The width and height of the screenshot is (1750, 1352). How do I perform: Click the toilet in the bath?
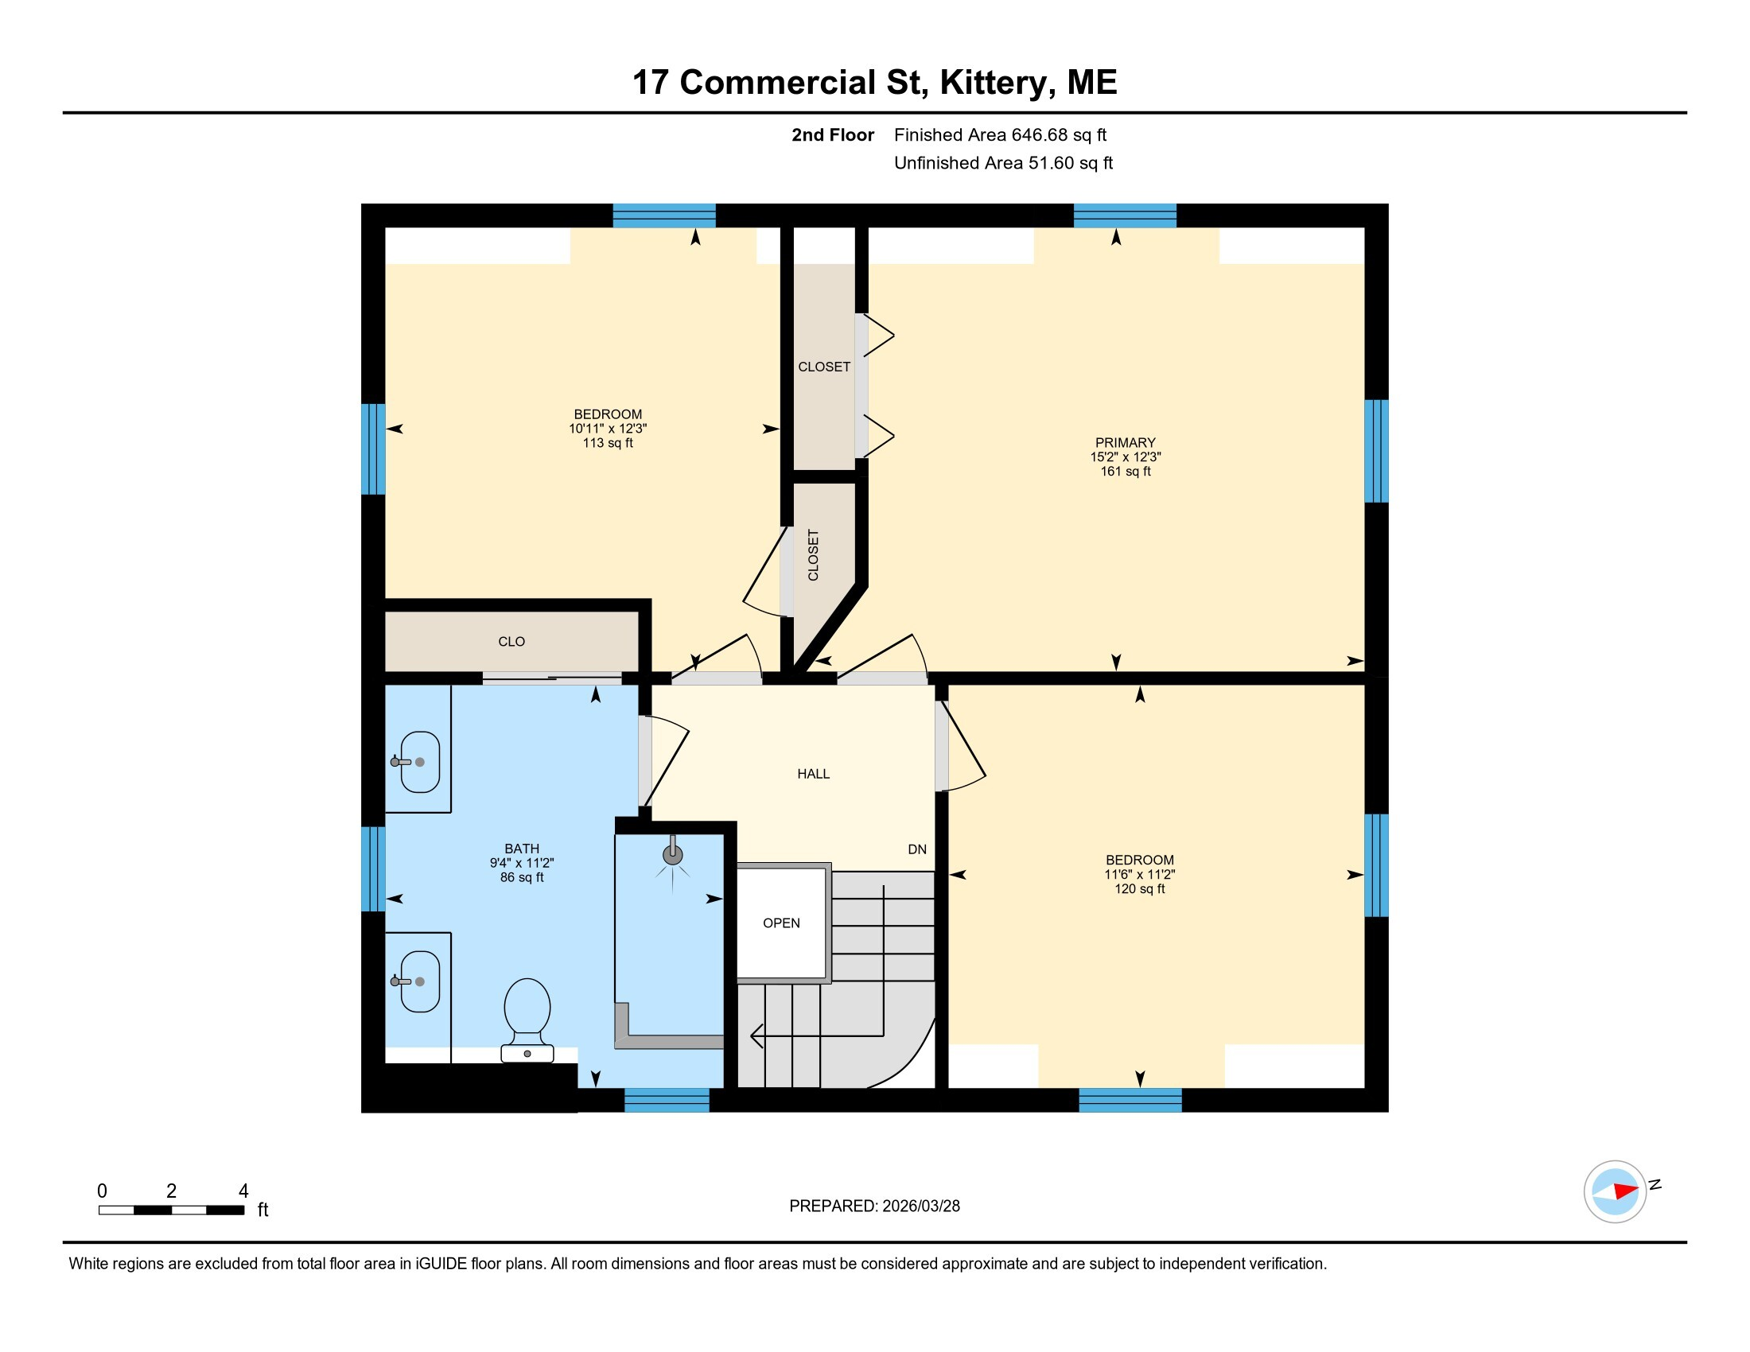527,1020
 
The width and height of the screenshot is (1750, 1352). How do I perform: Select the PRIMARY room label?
1125,443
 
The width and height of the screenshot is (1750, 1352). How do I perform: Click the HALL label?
813,774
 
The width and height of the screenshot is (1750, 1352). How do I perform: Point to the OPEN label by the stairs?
781,923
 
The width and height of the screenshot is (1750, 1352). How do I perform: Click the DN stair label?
917,849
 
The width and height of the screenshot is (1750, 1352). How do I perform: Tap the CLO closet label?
511,642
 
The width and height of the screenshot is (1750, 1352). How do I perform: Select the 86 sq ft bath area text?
522,877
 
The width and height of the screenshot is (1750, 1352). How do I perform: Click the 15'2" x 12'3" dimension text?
1125,456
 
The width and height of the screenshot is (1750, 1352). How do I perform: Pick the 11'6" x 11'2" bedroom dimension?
1139,875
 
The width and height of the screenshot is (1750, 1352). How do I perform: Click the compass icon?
1616,1191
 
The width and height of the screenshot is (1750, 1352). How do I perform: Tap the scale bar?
172,1210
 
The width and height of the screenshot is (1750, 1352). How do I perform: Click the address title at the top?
874,83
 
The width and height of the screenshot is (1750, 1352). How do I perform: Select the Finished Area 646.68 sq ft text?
1000,134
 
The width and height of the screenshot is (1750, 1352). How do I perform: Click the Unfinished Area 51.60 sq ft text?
1003,162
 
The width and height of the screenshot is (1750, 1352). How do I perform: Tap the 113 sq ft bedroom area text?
608,443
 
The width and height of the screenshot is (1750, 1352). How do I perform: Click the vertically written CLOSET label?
813,554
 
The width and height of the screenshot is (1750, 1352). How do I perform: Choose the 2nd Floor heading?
833,134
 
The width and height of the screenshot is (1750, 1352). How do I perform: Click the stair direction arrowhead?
756,1035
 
